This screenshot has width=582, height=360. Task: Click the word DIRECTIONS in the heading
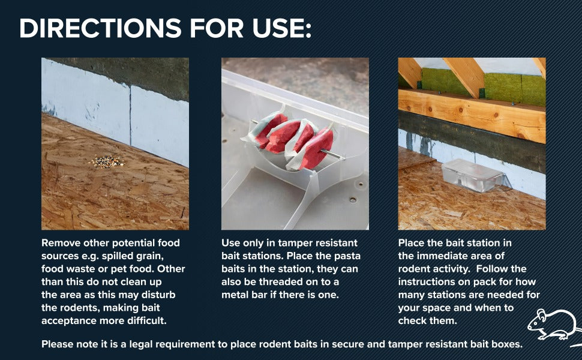point(100,28)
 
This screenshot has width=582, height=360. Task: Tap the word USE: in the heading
point(282,28)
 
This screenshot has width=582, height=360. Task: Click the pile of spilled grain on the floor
point(107,162)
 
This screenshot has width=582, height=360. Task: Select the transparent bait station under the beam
point(473,175)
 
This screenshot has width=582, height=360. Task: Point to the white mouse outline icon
point(553,325)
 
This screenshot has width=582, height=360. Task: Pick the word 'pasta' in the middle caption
point(347,256)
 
